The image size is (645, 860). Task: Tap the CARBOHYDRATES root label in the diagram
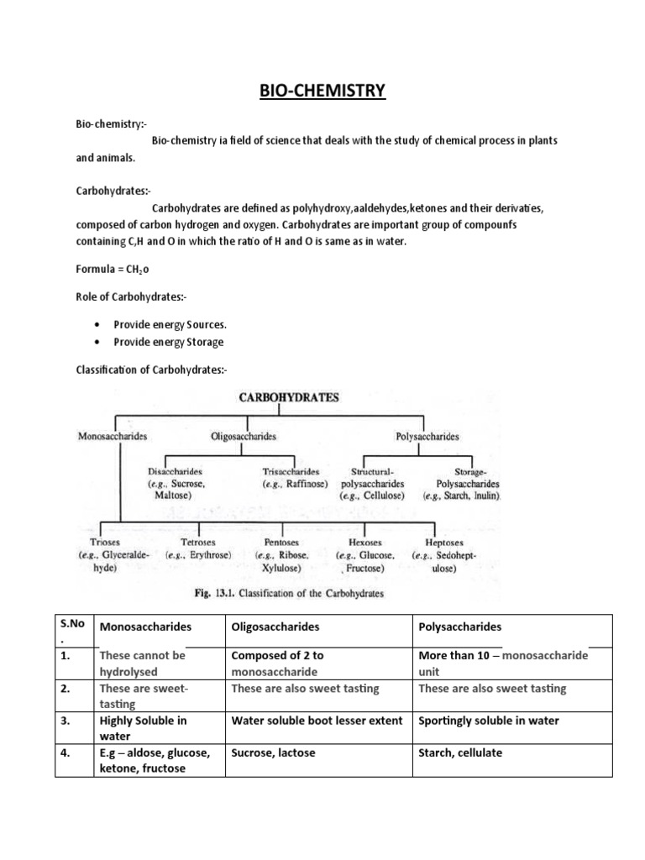[x=290, y=398]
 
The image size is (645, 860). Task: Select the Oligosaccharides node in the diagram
[x=244, y=437]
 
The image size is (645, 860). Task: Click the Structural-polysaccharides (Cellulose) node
[x=372, y=484]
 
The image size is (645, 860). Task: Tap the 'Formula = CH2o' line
[x=113, y=269]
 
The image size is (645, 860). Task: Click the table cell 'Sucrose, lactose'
[x=273, y=752]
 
